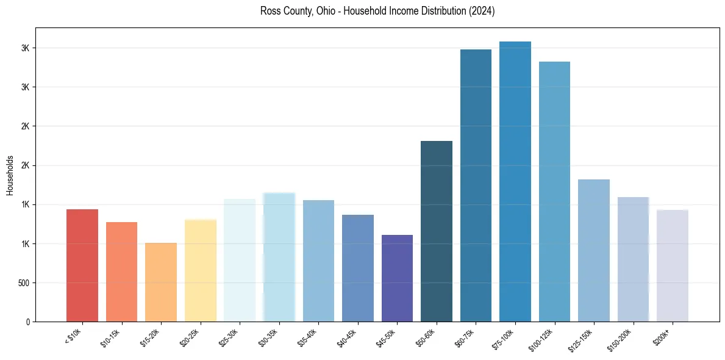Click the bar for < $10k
click(x=82, y=265)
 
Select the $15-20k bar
click(x=161, y=282)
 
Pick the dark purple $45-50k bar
click(x=397, y=278)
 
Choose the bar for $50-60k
click(x=437, y=231)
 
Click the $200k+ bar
click(x=673, y=265)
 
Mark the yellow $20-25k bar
click(x=201, y=270)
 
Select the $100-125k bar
click(x=554, y=192)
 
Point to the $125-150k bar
click(x=594, y=250)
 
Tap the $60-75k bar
click(x=476, y=185)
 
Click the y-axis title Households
click(x=10, y=175)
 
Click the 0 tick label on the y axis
click(x=28, y=322)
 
